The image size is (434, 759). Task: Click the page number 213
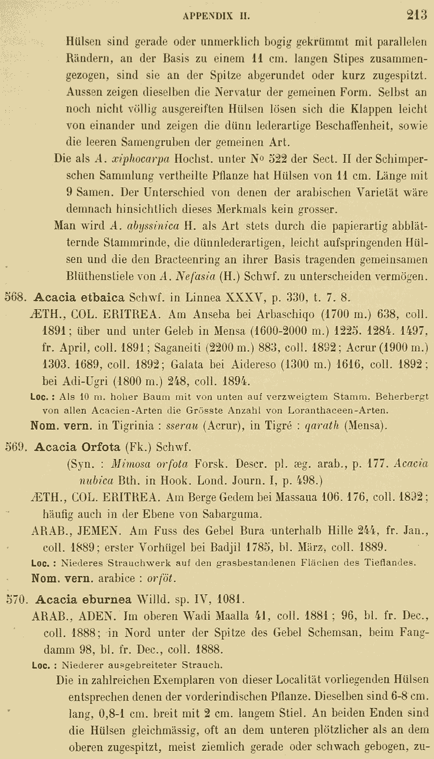[x=417, y=15]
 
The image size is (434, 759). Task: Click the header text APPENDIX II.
[x=216, y=16]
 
